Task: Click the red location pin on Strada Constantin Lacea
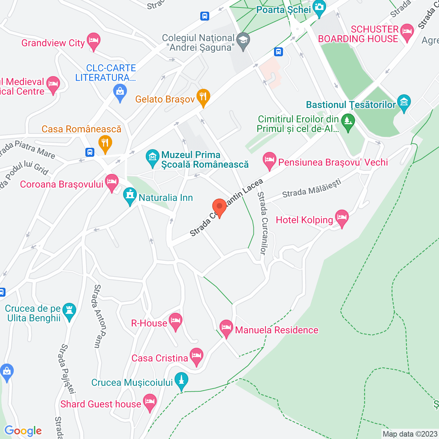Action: pos(219,207)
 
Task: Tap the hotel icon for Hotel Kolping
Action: pos(342,217)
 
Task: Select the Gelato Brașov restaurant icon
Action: pos(203,97)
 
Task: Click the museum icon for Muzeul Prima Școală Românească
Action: pos(152,157)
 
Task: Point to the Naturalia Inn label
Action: pos(166,198)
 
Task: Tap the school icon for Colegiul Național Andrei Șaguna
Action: pos(243,40)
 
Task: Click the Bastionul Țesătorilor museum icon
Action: pos(404,103)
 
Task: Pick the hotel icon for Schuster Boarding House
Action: pos(407,32)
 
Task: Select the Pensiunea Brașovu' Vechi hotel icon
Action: pos(270,160)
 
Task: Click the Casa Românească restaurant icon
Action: pos(105,143)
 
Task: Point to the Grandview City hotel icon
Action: pos(93,41)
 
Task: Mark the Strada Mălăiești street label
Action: pos(311,188)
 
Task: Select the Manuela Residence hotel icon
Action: pos(226,328)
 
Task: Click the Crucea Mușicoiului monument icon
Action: pos(181,380)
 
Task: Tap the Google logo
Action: pos(23,431)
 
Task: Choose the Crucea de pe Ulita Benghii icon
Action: pos(69,311)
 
